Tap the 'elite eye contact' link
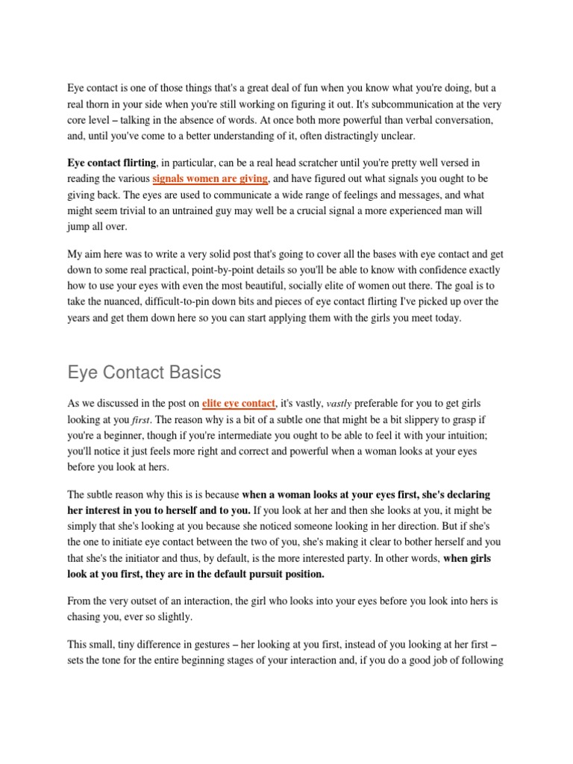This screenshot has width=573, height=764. [238, 404]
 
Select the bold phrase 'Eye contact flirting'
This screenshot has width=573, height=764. [112, 163]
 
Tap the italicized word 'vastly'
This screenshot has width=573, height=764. [339, 404]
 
